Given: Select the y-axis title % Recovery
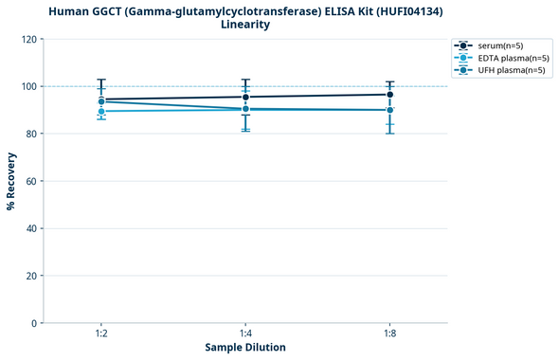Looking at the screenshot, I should [x=11, y=181].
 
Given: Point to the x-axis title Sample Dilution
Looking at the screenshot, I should [x=245, y=348].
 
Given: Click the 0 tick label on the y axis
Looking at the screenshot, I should [x=35, y=323].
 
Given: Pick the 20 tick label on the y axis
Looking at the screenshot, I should [x=32, y=276].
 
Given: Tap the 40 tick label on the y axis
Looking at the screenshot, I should [x=32, y=228].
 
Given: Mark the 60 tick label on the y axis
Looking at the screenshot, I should [x=32, y=181].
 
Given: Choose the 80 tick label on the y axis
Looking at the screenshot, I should [x=32, y=134].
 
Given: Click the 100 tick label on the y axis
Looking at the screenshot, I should [x=29, y=86].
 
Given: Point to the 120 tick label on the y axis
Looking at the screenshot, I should [x=29, y=40].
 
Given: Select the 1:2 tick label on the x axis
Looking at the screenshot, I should [x=101, y=333].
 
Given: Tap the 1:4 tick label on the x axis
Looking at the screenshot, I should [x=245, y=333].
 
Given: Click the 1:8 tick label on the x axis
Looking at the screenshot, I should [x=389, y=333].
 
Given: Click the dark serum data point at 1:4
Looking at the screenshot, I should [x=245, y=97].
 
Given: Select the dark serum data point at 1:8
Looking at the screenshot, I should [x=389, y=95].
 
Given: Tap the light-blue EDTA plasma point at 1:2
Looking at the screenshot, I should [x=101, y=112].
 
